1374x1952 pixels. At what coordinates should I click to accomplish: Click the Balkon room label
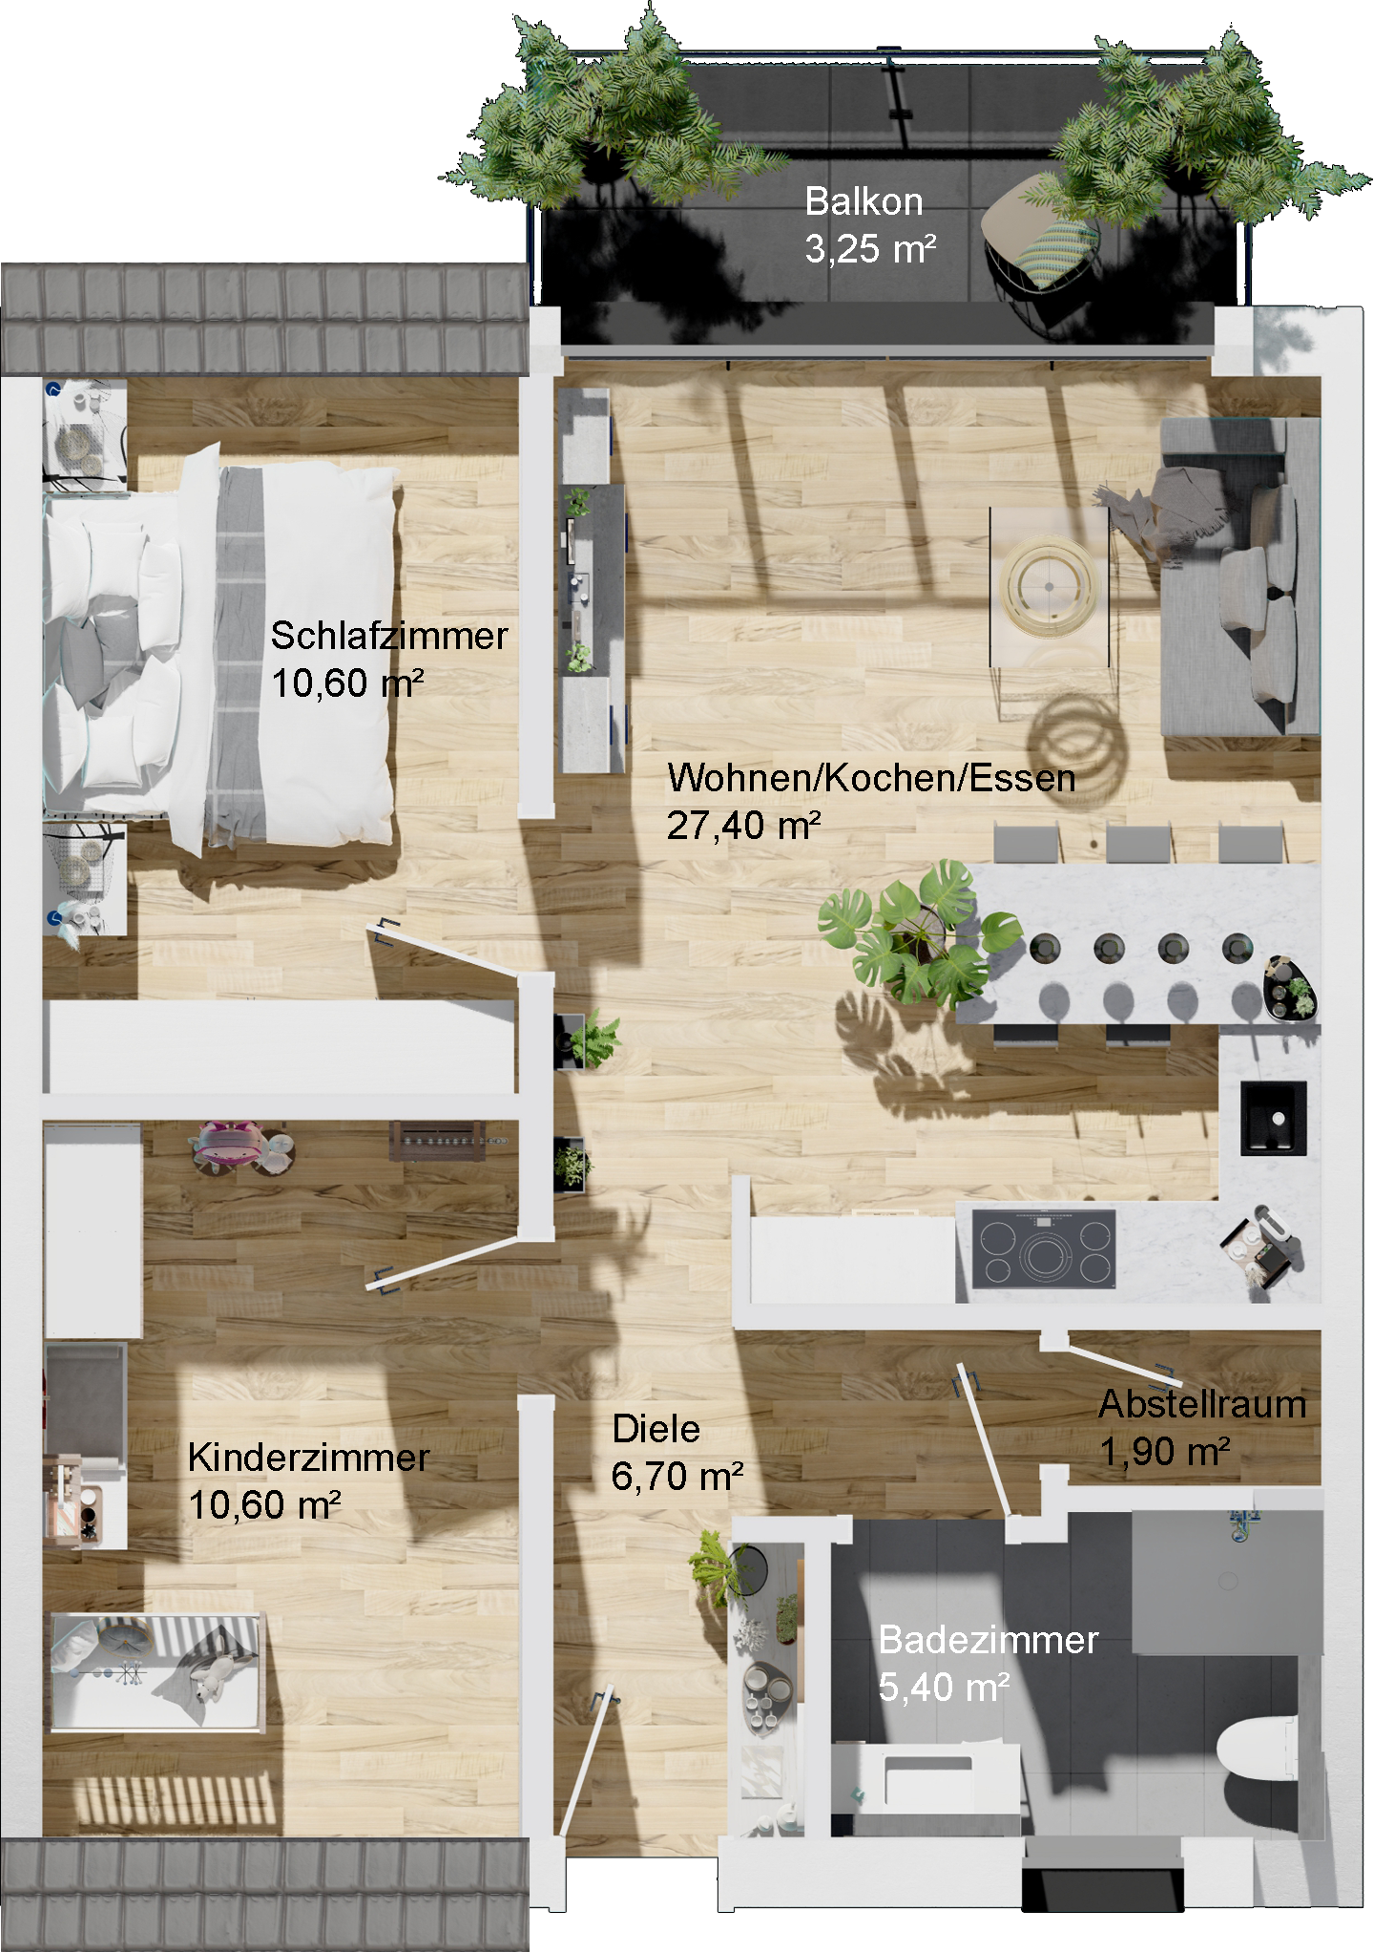pyautogui.click(x=864, y=202)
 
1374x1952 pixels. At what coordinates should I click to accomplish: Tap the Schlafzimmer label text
pyautogui.click(x=389, y=636)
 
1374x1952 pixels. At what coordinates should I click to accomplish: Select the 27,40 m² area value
pyautogui.click(x=744, y=826)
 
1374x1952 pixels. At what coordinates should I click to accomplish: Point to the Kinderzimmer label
pyautogui.click(x=308, y=1458)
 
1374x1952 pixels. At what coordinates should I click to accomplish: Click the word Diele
pyautogui.click(x=656, y=1429)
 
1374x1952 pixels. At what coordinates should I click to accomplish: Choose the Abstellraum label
pyautogui.click(x=1202, y=1404)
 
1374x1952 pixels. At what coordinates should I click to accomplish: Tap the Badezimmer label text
pyautogui.click(x=989, y=1640)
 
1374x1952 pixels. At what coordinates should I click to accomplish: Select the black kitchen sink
pyautogui.click(x=1273, y=1118)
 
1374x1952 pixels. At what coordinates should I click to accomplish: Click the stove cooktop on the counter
pyautogui.click(x=1045, y=1249)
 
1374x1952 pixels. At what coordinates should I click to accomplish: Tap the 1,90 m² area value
pyautogui.click(x=1165, y=1452)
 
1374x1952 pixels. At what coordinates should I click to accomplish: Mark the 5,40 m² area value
pyautogui.click(x=944, y=1688)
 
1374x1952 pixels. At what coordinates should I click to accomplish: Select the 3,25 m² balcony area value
pyautogui.click(x=870, y=249)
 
